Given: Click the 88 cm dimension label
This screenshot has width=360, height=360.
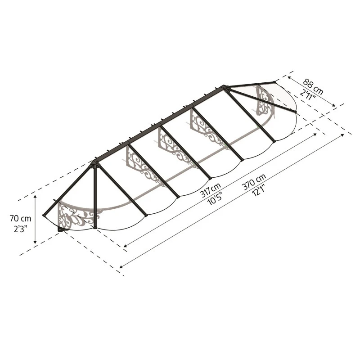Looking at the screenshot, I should pyautogui.click(x=313, y=84).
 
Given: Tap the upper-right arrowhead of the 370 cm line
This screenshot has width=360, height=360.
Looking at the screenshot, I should pyautogui.click(x=350, y=134).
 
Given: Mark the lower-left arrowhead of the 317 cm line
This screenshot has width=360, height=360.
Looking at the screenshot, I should pyautogui.click(x=125, y=246).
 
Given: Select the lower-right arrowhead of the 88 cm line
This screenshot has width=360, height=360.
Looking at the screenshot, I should pyautogui.click(x=334, y=106).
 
